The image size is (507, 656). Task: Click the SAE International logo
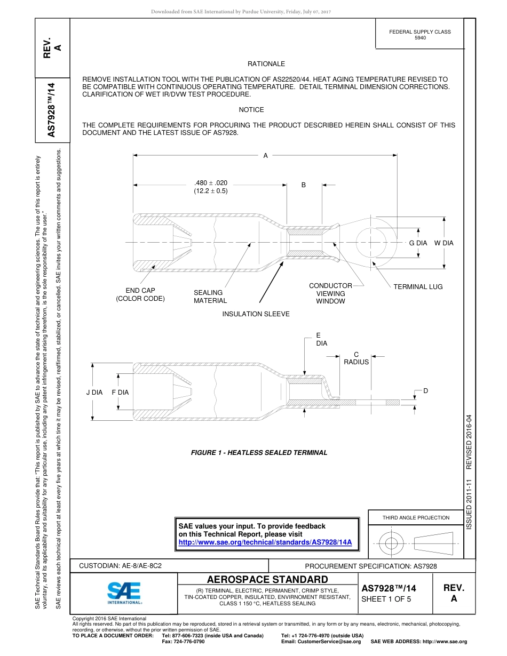pyautogui.click(x=124, y=592)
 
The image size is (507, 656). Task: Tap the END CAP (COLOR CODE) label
pyautogui.click(x=140, y=294)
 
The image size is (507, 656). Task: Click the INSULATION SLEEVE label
pyautogui.click(x=256, y=314)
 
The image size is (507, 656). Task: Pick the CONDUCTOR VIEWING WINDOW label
pyautogui.click(x=330, y=293)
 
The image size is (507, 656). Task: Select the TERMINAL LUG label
pyautogui.click(x=418, y=287)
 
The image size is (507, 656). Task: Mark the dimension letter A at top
pyautogui.click(x=265, y=156)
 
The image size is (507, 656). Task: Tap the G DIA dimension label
pyautogui.click(x=418, y=243)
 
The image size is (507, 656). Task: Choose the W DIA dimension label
pyautogui.click(x=443, y=243)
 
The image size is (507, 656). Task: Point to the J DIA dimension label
pyautogui.click(x=94, y=393)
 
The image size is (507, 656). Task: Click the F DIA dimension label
pyautogui.click(x=120, y=393)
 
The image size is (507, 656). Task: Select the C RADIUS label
pyautogui.click(x=356, y=358)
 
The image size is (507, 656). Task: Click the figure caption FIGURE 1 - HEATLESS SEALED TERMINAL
pyautogui.click(x=259, y=453)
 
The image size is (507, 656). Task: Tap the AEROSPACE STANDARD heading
pyautogui.click(x=267, y=579)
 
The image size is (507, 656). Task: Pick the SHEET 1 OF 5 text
pyautogui.click(x=386, y=599)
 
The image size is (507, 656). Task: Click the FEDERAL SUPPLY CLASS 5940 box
pyautogui.click(x=419, y=35)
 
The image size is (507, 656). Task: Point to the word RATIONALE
pyautogui.click(x=266, y=64)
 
